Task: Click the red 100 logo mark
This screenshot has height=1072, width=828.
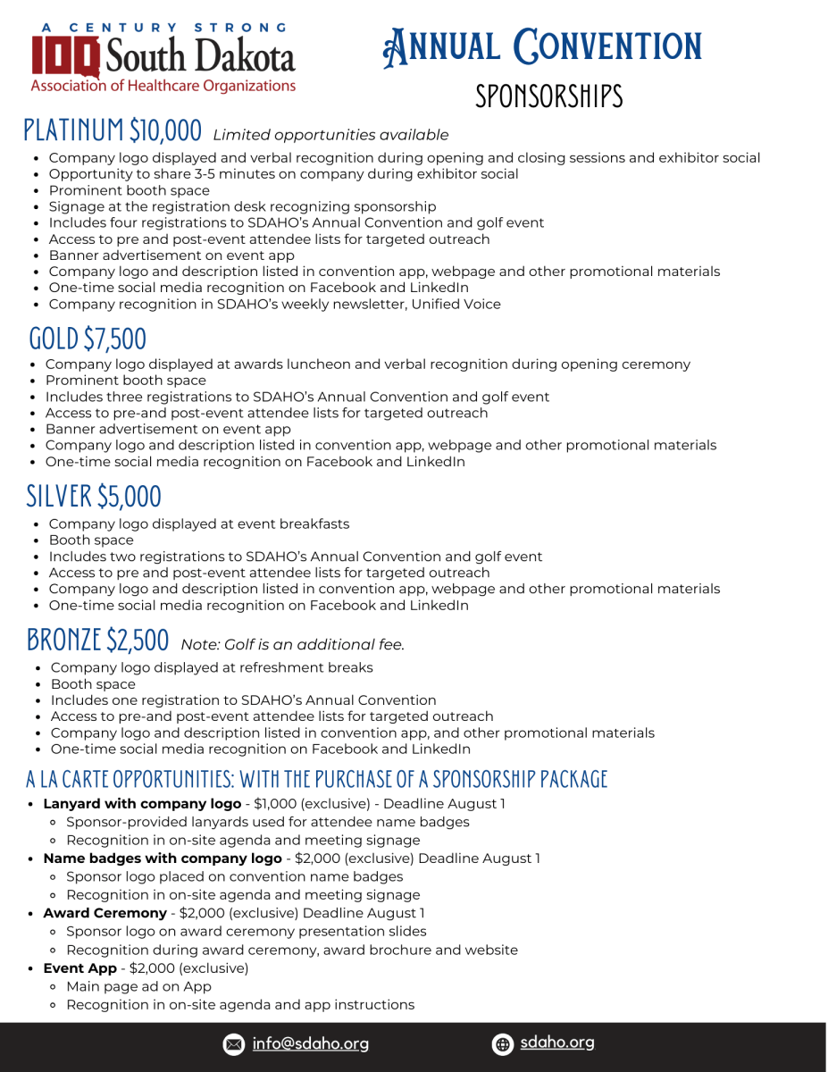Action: coord(65,55)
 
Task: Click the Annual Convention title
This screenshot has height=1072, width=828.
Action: coord(542,47)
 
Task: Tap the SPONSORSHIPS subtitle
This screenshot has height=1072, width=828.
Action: coord(548,96)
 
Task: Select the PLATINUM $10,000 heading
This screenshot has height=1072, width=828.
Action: coord(113,130)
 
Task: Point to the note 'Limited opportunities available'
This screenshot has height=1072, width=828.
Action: coord(330,135)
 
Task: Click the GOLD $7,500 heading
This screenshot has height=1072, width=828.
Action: coord(88,339)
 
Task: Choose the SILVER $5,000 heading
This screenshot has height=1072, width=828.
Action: coord(94,495)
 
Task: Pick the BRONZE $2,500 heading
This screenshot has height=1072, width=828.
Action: coord(97,640)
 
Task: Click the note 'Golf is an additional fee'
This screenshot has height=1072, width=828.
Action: coord(293,644)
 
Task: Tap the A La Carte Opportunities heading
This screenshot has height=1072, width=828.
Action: coord(316,779)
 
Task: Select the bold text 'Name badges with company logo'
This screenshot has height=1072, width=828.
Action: coord(163,858)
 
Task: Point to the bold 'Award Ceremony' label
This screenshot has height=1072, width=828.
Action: coord(105,913)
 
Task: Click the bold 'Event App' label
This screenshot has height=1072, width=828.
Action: coord(79,967)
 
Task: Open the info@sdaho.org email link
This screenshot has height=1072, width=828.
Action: coord(310,1043)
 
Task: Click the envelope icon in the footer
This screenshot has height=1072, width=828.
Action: coord(233,1043)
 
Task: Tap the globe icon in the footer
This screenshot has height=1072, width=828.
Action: coord(503,1043)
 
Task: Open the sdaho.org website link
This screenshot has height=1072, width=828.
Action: coord(556,1043)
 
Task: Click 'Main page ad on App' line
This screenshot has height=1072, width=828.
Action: coord(138,986)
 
